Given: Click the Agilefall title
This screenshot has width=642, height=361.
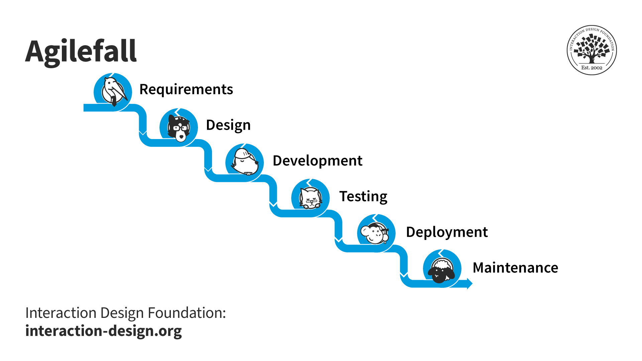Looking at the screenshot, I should click(x=81, y=52).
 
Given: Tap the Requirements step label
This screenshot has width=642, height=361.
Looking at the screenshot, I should click(x=186, y=89).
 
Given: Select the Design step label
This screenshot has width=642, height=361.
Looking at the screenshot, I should click(x=228, y=125).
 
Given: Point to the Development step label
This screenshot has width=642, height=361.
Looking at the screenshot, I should click(x=317, y=161).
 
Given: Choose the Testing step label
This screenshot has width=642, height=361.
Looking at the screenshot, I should click(x=363, y=196).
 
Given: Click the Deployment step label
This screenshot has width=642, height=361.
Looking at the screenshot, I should click(x=447, y=232).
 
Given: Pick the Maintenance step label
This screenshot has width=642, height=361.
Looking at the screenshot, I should click(x=515, y=268).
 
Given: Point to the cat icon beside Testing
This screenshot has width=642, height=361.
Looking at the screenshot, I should click(x=311, y=198).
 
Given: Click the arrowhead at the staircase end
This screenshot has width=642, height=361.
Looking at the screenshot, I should click(x=469, y=284).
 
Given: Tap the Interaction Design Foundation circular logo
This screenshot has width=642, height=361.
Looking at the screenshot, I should click(x=592, y=50).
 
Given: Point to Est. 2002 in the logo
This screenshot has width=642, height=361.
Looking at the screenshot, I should click(x=592, y=68).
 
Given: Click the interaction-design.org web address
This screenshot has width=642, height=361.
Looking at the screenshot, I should click(x=104, y=331).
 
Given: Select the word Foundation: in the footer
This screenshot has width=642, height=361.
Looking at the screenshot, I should click(x=187, y=313).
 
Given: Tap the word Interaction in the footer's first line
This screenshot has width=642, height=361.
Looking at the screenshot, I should click(x=61, y=313).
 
